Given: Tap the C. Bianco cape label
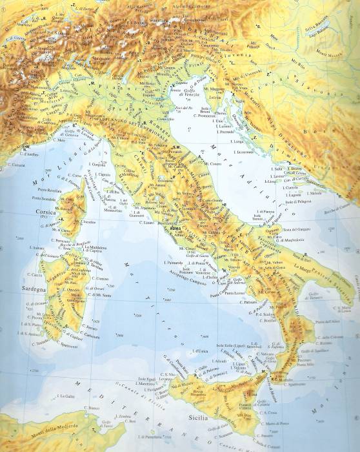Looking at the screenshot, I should pos(95,408).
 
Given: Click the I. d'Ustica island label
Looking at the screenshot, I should pos(201,351).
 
